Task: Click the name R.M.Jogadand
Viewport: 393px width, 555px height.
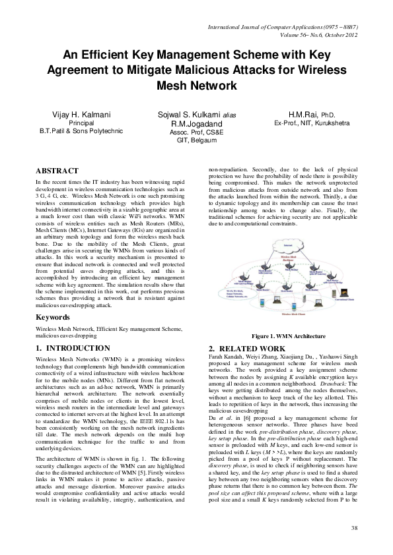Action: (x=196, y=123)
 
